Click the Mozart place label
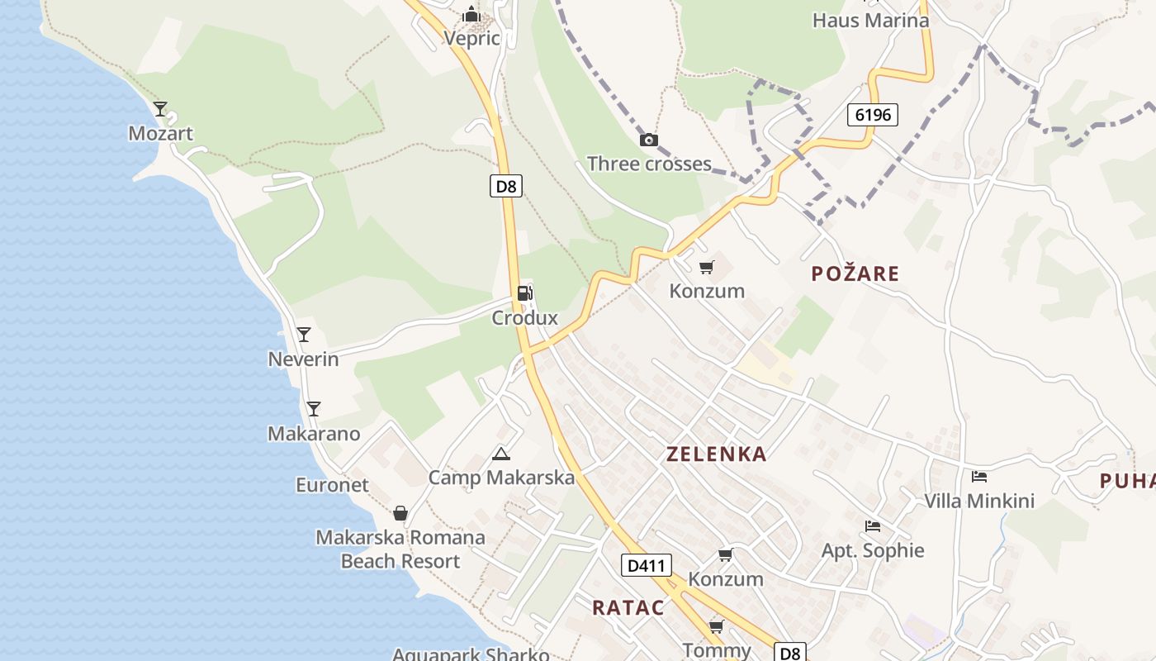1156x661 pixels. (160, 133)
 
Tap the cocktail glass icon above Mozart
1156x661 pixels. (160, 109)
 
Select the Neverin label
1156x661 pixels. (303, 359)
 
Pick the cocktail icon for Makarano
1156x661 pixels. (313, 409)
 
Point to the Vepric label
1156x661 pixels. (471, 38)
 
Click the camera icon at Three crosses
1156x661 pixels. (649, 140)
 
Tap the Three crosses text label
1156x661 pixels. (649, 164)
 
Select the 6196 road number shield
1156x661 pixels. (872, 115)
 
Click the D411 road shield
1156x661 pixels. (646, 566)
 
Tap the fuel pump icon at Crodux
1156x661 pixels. (524, 293)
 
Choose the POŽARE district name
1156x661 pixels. (855, 273)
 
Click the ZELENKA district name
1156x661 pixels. (716, 454)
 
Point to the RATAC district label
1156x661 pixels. (628, 608)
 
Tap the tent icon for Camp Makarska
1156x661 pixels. (501, 454)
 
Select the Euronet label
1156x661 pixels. (332, 485)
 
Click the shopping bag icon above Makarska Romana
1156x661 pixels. (400, 514)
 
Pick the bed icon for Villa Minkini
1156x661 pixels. (979, 477)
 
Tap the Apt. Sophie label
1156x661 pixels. (873, 550)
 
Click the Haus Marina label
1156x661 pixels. (870, 20)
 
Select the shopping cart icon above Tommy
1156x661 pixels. (717, 627)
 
